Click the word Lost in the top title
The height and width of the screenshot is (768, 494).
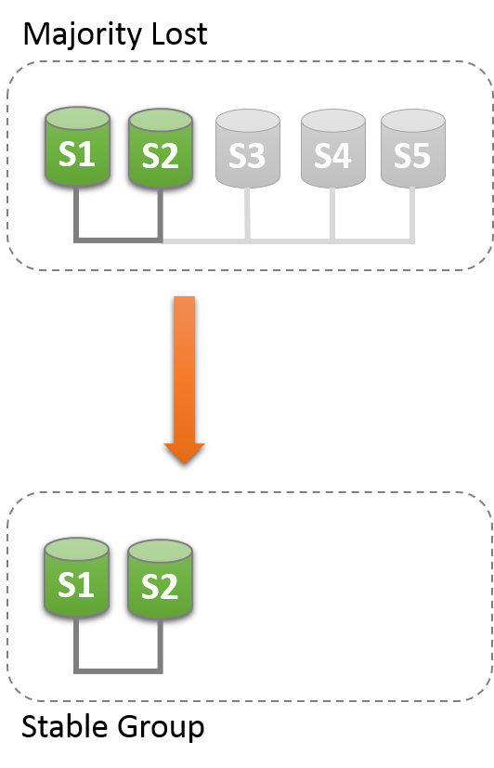tap(175, 34)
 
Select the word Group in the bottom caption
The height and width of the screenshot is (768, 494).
tap(162, 727)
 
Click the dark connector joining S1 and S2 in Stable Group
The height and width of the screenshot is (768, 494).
tap(119, 669)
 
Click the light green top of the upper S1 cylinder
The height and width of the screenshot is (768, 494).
tap(76, 118)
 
